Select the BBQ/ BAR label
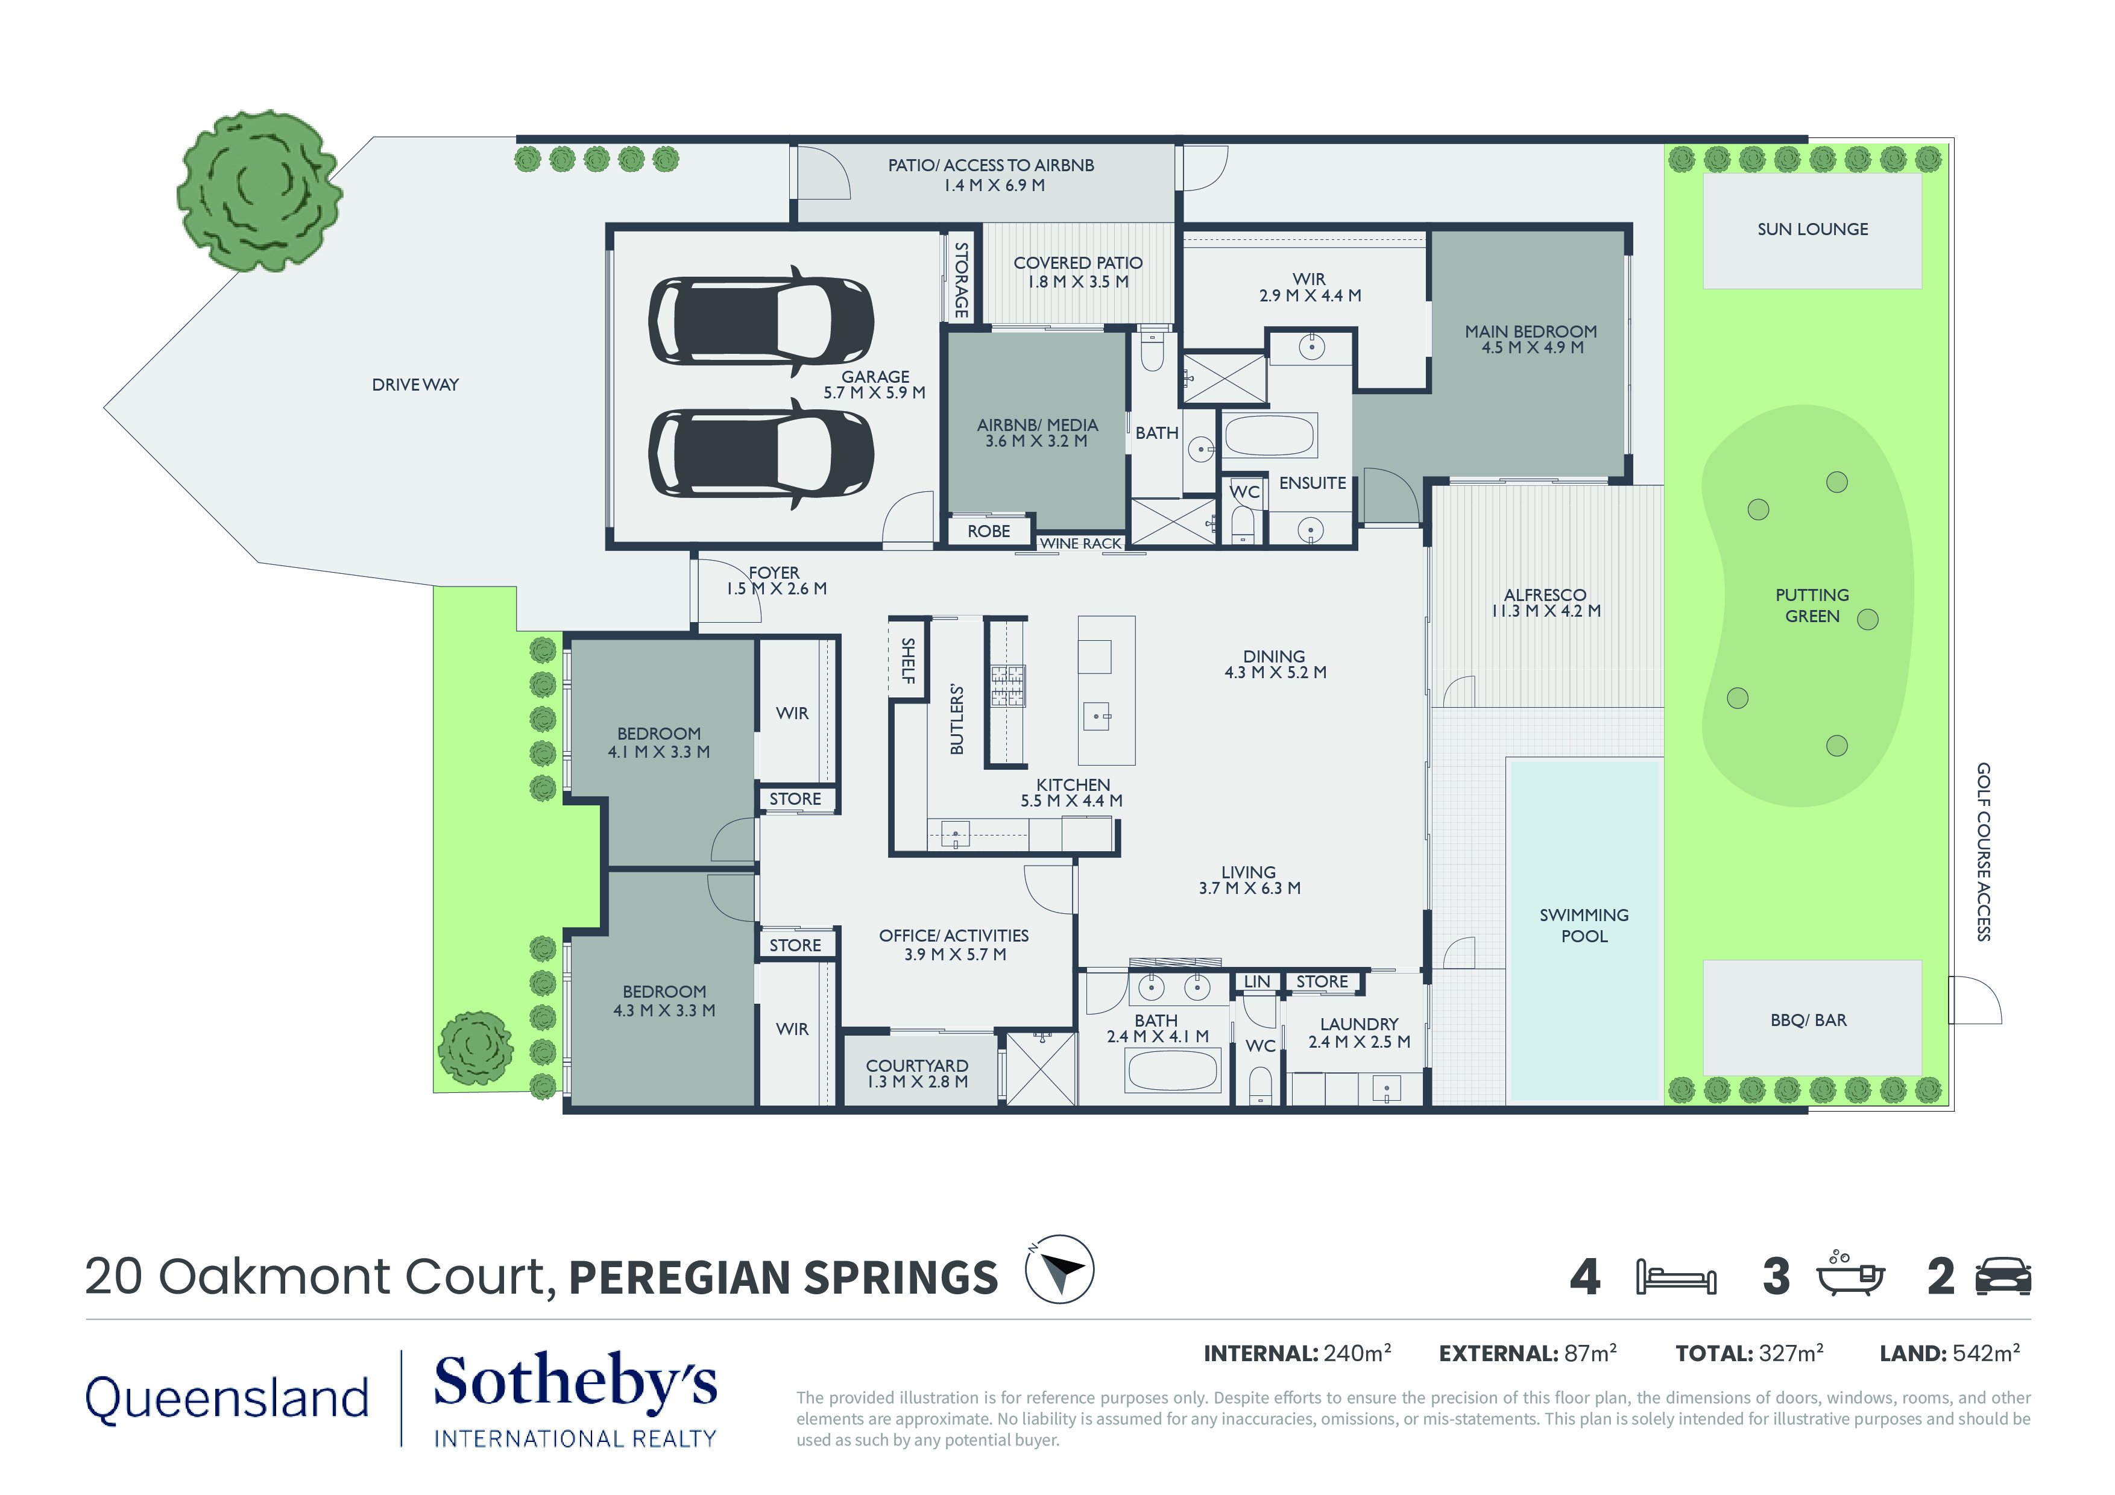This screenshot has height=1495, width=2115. point(1808,1020)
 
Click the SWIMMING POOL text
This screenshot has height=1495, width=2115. point(1583,925)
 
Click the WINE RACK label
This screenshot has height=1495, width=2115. point(1080,544)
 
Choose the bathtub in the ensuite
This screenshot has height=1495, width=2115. point(1269,435)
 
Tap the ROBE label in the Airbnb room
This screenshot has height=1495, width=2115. point(988,532)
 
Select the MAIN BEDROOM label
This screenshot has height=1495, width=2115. point(1530,339)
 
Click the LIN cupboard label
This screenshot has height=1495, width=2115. point(1256,982)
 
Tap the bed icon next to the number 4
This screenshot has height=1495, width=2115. point(1675,1277)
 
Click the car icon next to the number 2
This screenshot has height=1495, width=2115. point(2003,1277)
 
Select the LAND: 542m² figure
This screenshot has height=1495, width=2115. point(1949,1353)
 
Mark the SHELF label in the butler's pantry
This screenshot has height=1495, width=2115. point(907,661)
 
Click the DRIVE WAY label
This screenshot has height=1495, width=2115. point(415,385)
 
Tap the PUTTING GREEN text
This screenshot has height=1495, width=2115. point(1811,605)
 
